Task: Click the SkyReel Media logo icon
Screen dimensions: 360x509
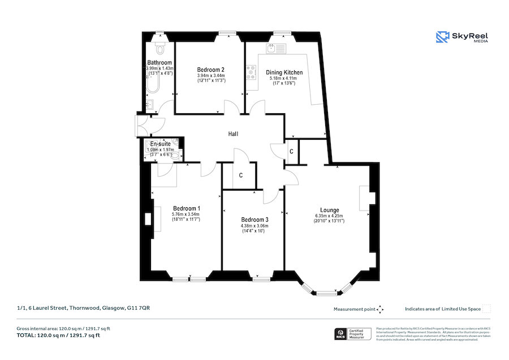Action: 442,37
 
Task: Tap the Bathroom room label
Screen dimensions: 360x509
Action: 159,62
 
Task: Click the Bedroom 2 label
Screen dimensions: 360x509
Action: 210,70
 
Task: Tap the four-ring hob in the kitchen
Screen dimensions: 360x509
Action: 251,72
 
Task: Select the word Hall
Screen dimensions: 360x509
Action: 233,134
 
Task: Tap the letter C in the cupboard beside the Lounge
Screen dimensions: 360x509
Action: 291,152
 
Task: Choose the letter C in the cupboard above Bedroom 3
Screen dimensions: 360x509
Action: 240,175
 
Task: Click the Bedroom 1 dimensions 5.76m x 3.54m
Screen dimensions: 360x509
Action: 186,215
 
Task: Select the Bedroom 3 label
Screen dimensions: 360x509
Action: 254,220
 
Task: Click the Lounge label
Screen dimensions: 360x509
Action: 329,209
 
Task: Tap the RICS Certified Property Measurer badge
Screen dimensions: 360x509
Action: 353,334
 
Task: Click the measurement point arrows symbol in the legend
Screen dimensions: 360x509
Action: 380,309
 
